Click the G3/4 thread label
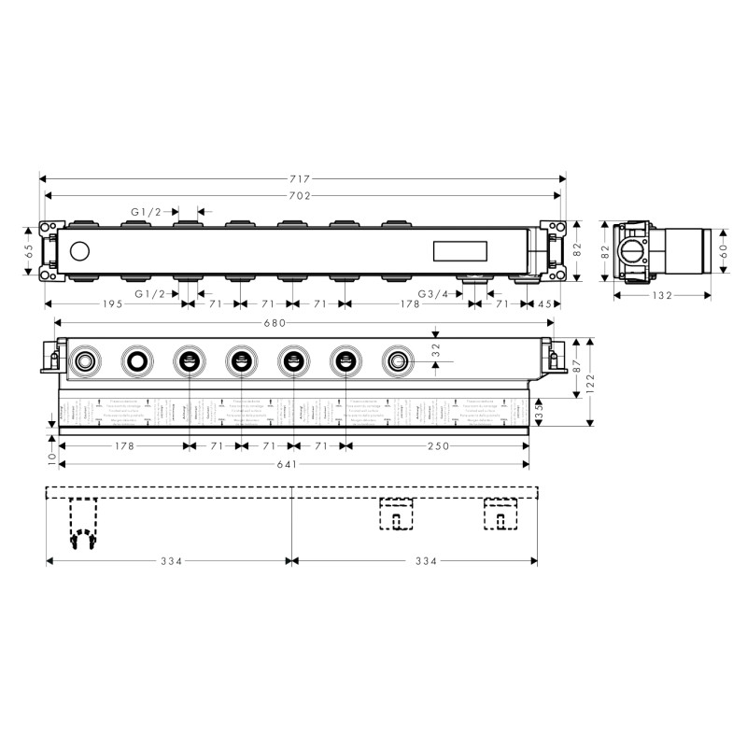[x=432, y=294]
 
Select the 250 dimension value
[x=438, y=446]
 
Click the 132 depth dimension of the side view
[x=662, y=295]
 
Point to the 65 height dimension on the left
[x=30, y=251]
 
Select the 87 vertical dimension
[x=576, y=367]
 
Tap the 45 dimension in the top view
[x=544, y=304]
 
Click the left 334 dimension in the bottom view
[x=169, y=561]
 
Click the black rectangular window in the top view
[x=459, y=250]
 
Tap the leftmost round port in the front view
[x=86, y=360]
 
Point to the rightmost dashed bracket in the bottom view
[x=500, y=514]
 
